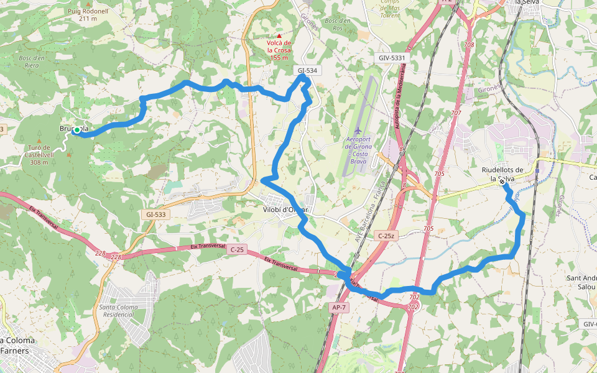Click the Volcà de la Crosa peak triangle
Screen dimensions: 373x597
279,35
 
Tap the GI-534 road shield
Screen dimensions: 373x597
307,71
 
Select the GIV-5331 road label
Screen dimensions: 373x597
392,58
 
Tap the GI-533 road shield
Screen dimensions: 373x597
156,214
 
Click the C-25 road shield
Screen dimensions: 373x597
236,249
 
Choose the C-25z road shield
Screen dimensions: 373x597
386,236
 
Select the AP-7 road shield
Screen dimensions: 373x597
338,307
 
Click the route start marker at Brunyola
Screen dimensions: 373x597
76,130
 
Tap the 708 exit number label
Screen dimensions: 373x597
469,45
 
